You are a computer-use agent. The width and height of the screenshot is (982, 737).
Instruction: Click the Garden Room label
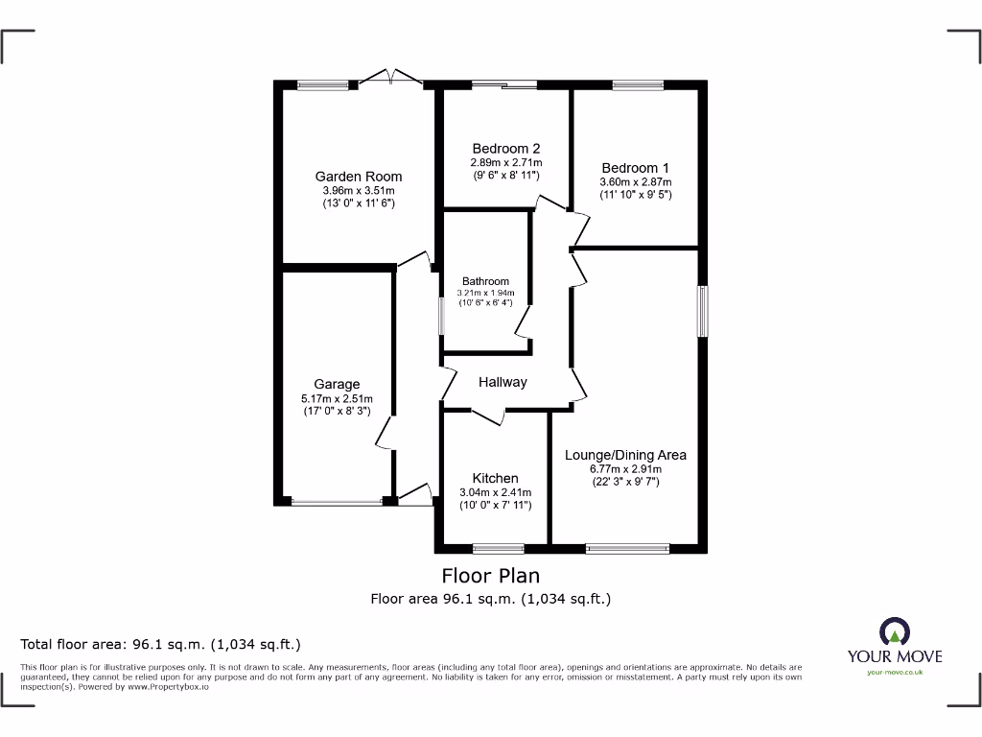tap(359, 177)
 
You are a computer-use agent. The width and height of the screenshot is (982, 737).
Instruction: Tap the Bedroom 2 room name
tap(506, 149)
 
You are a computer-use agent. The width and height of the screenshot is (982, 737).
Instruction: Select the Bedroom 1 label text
tap(636, 168)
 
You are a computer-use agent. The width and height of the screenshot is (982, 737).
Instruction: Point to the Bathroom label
tap(485, 281)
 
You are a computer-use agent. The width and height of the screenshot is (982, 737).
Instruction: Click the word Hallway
tap(503, 382)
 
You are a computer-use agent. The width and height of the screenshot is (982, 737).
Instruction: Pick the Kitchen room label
tap(495, 478)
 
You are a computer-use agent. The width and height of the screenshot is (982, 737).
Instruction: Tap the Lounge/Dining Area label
tap(625, 455)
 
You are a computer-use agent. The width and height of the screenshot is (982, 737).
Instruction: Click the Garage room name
tap(336, 385)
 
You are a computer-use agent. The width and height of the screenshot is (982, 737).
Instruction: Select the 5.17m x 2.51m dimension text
tap(336, 398)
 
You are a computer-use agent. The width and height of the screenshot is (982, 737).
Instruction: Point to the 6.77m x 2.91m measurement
tap(625, 469)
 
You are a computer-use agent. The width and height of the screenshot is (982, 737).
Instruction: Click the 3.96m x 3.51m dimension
tap(359, 191)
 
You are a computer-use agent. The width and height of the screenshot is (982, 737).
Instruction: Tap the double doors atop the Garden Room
tap(393, 79)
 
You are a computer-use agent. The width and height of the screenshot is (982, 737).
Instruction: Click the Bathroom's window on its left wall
tap(441, 316)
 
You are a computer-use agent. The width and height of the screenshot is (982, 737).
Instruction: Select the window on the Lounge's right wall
tap(703, 311)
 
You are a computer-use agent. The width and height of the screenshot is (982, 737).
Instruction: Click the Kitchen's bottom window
tap(498, 549)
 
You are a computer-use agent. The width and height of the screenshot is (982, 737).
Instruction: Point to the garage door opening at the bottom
tap(336, 501)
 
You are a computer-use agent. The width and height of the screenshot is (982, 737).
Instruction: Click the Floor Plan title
tap(490, 576)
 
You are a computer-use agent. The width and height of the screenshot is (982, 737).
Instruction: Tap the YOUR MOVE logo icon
tap(894, 631)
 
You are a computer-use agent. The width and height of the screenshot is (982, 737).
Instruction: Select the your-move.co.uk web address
tap(894, 673)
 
